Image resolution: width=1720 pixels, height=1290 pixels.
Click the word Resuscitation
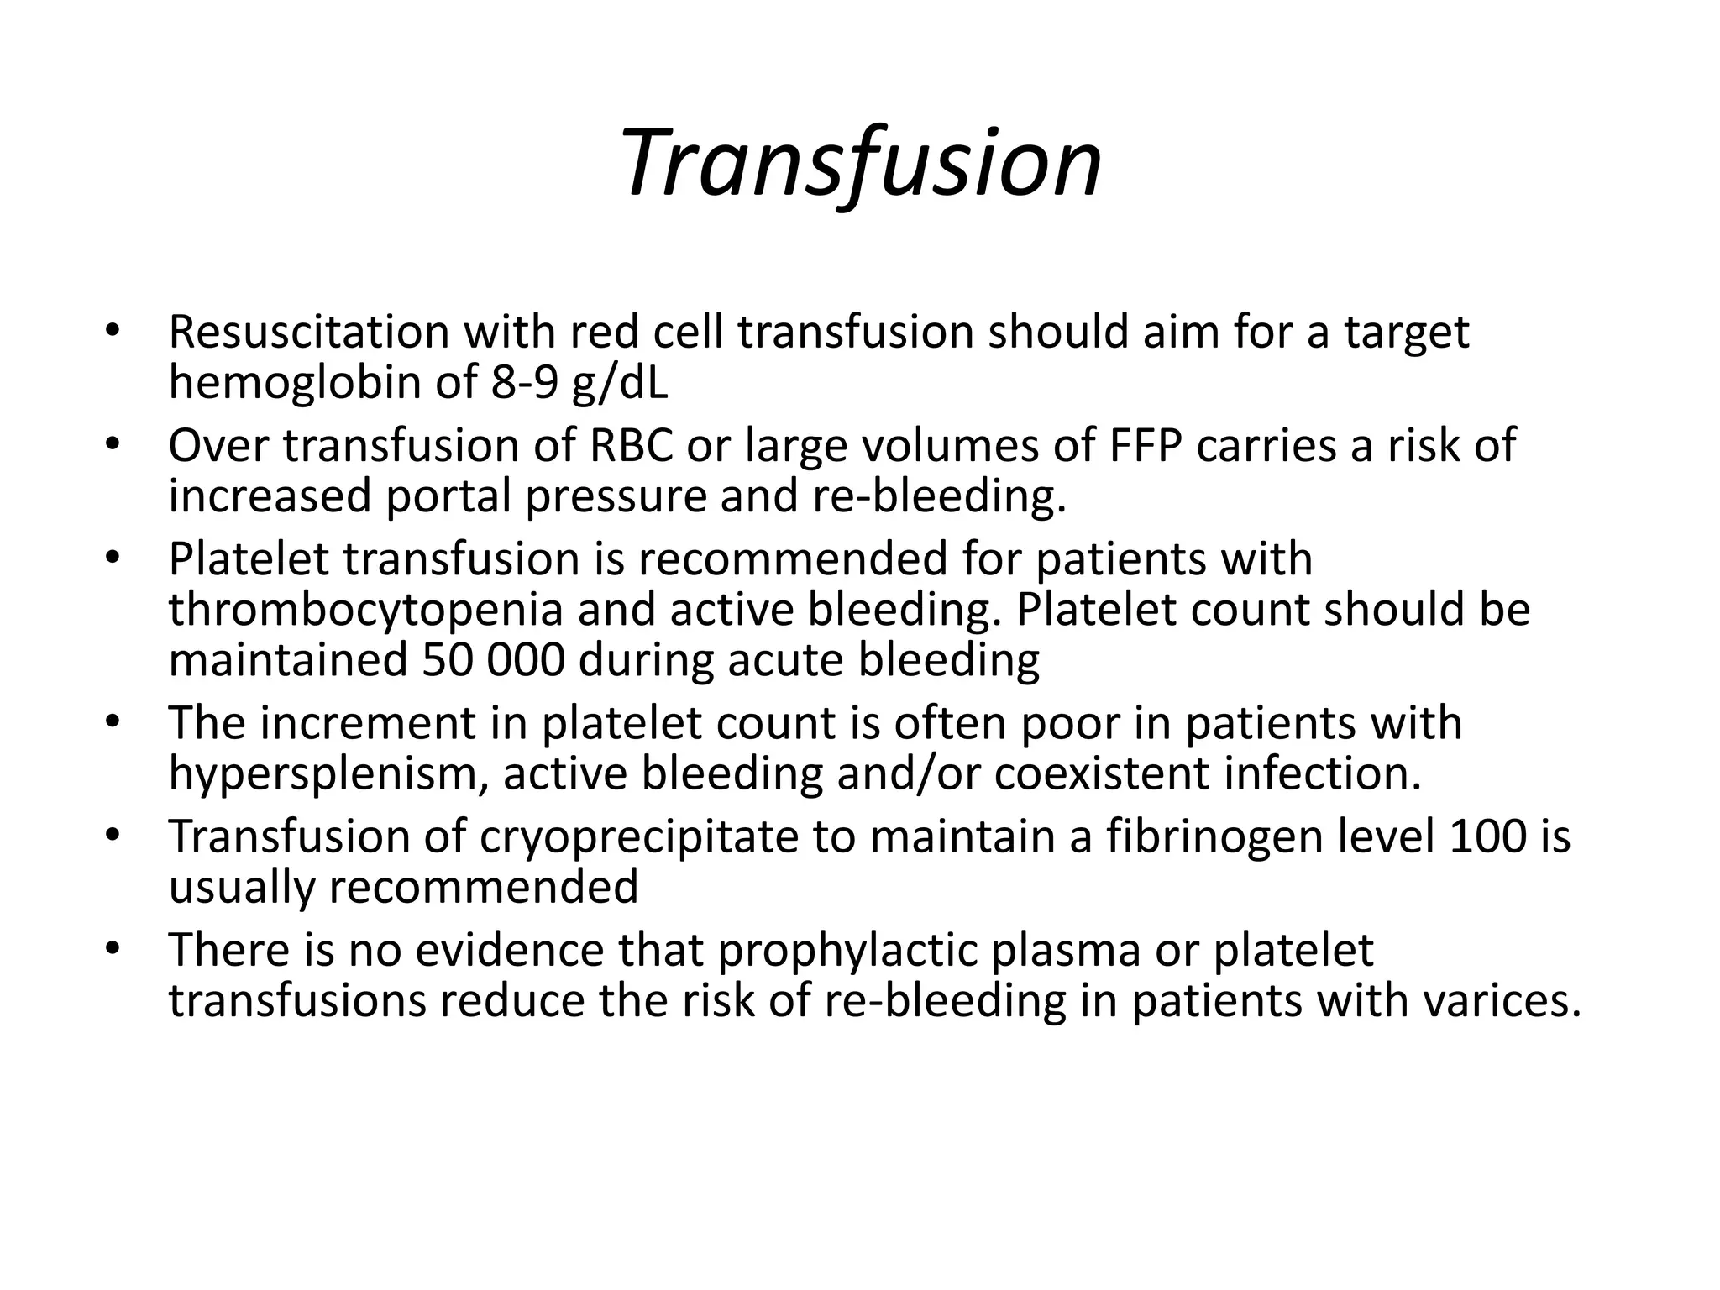coord(309,333)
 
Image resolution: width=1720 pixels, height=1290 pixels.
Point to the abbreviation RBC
coord(631,446)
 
